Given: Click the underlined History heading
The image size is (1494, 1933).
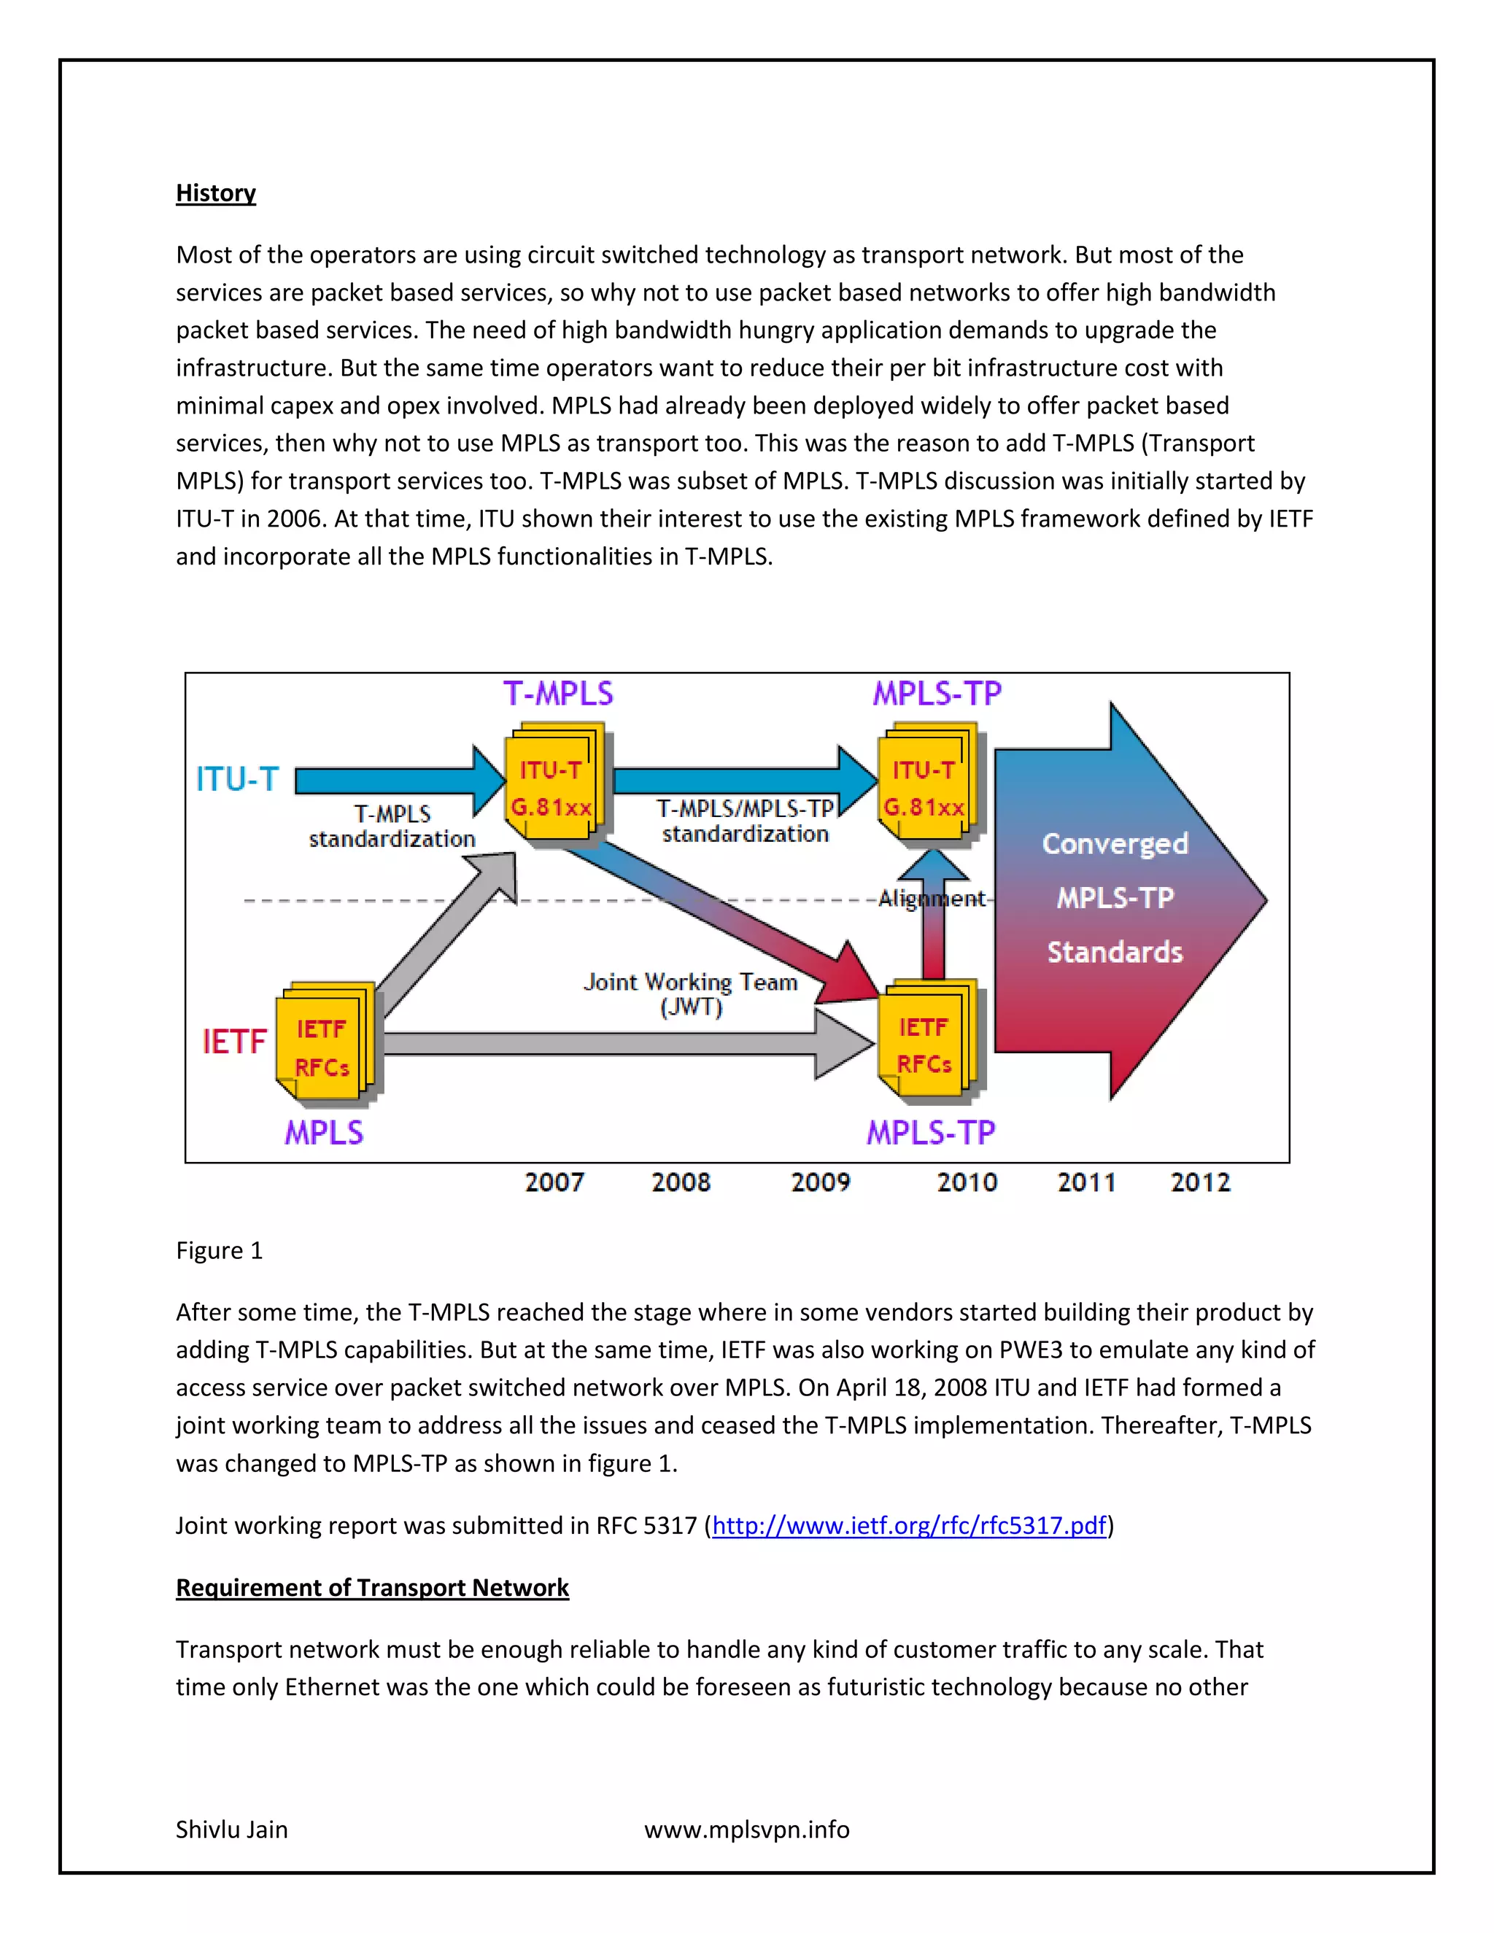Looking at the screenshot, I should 215,193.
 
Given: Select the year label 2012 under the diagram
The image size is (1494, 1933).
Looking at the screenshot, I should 1199,1182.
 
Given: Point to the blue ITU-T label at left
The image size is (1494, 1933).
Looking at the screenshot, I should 237,780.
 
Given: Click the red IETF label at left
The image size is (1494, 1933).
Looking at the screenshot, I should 233,1042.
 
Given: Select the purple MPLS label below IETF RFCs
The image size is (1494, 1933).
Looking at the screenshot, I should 323,1133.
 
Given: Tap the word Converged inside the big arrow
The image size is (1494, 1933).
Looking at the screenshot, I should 1115,843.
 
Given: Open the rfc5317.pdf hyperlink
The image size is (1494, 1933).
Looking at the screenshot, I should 909,1525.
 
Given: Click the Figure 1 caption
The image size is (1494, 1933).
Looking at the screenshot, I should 219,1250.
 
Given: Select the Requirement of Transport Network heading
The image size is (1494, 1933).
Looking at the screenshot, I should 372,1587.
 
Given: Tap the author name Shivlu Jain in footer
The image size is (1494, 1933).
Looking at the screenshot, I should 231,1829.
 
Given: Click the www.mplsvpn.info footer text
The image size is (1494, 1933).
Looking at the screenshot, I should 746,1829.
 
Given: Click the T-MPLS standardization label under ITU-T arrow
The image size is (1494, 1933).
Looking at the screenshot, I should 392,826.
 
